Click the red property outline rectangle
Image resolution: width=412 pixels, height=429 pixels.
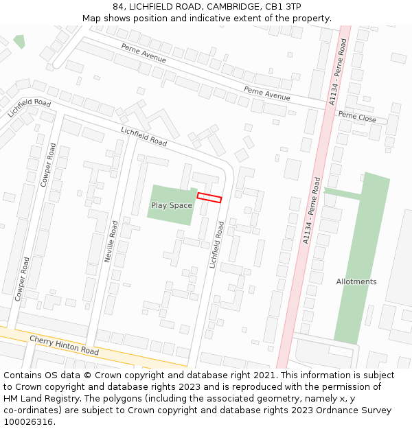[x=209, y=198]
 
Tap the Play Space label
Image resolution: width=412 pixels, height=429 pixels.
[x=172, y=205]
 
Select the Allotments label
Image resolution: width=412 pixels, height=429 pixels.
[x=356, y=281]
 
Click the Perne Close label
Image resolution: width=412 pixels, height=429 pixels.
[x=357, y=118]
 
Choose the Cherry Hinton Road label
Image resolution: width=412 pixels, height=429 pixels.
[x=64, y=345]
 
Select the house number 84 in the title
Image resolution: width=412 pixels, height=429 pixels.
[x=119, y=6]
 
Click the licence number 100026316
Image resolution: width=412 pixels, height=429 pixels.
[x=28, y=422]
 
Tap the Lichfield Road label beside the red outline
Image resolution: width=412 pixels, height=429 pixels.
[x=217, y=244]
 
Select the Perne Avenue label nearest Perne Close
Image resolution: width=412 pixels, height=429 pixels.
[x=267, y=93]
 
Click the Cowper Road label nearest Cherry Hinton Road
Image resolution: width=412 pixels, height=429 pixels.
[x=21, y=279]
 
